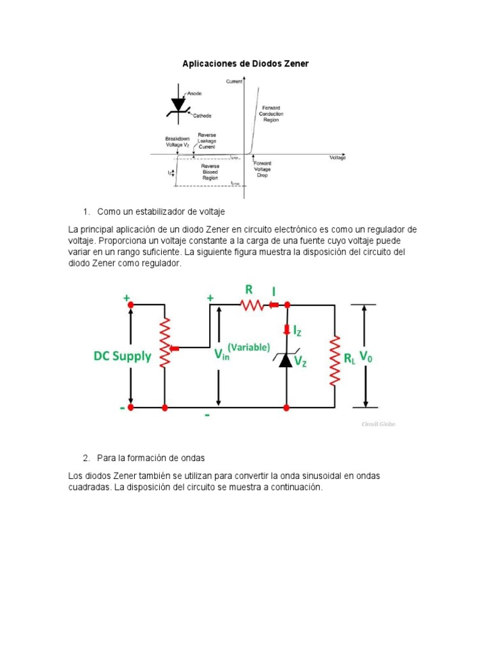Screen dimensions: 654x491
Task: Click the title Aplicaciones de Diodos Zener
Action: point(245,64)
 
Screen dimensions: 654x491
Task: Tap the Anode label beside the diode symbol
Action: point(194,93)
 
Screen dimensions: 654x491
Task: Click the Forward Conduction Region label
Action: point(270,114)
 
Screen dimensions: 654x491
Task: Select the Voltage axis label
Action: point(338,158)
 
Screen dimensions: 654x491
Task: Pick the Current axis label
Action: point(234,81)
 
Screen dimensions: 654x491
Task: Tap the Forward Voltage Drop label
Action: point(263,169)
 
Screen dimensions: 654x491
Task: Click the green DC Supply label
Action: point(123,356)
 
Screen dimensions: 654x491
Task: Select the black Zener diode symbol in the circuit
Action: point(286,360)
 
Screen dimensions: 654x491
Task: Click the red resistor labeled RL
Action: point(334,361)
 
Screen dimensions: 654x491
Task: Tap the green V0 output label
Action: point(366,357)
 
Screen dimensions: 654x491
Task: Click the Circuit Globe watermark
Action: point(379,424)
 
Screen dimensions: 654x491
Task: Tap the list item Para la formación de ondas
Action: point(151,459)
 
